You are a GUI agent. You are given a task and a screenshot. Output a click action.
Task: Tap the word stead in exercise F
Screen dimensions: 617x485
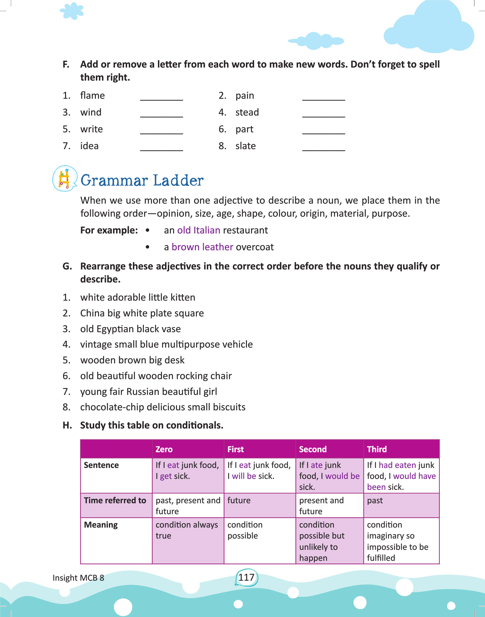coord(247,112)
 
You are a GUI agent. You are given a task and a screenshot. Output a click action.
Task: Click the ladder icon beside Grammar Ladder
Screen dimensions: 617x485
coord(64,178)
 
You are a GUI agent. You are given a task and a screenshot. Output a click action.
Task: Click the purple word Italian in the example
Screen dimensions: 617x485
coord(207,230)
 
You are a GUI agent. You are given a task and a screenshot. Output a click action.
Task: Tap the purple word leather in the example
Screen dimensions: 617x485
coord(217,247)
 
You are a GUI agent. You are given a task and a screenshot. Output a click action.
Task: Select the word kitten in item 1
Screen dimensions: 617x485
coord(183,297)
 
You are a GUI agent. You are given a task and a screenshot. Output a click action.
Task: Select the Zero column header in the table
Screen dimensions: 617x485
coord(164,449)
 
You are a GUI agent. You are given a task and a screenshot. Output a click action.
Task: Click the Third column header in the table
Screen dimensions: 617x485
coord(377,449)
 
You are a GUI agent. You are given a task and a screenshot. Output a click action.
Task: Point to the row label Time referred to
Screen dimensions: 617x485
coord(115,500)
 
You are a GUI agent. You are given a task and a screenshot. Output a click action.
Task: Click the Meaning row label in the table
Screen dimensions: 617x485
coord(101,525)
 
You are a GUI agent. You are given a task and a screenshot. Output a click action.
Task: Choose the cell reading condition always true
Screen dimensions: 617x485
coord(187,530)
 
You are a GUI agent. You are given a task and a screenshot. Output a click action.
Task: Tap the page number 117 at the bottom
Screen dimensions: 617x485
coord(246,578)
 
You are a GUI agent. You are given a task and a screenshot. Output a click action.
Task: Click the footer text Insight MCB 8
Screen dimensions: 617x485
coord(78,578)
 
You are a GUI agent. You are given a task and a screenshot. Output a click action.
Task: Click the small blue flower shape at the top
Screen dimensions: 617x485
coord(72,11)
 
